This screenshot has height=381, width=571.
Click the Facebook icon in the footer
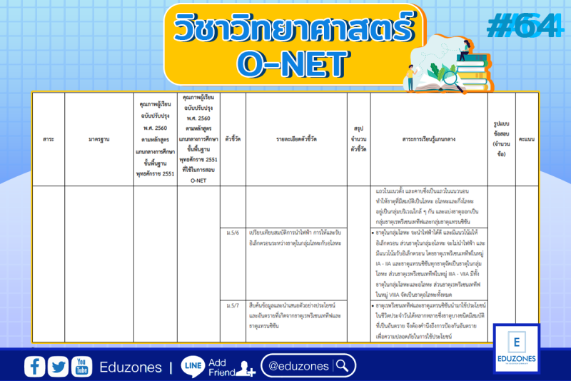click(34, 366)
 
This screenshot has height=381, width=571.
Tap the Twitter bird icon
click(59, 366)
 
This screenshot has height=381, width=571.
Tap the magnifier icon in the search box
click(343, 366)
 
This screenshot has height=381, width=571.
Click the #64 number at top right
click(523, 27)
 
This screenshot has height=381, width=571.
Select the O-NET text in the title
click(294, 63)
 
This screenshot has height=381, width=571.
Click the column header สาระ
click(48, 138)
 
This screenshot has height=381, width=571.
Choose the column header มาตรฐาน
click(98, 138)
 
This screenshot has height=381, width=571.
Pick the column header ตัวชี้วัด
click(233, 138)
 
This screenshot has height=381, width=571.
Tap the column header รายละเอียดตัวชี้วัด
click(295, 138)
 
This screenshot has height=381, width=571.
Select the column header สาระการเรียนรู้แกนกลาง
click(429, 138)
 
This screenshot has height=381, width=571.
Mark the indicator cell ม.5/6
click(233, 235)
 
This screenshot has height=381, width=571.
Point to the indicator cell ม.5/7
click(233, 305)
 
